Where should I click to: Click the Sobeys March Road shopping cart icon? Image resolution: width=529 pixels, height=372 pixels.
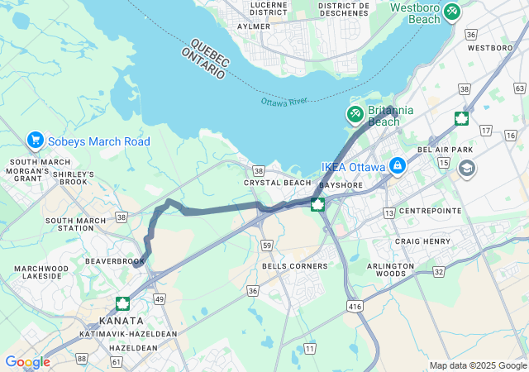pos(35,141)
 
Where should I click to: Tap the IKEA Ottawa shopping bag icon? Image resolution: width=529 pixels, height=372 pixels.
pos(398,166)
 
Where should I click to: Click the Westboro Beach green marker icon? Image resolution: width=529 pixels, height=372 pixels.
pos(451,11)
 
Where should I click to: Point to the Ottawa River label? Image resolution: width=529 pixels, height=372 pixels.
pos(284,102)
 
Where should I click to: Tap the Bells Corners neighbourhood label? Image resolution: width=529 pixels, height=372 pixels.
pos(294,266)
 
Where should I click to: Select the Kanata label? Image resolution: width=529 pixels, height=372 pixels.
pos(121,320)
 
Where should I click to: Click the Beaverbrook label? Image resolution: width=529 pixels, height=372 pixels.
pos(115,260)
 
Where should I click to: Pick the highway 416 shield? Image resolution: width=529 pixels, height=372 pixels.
pos(354,306)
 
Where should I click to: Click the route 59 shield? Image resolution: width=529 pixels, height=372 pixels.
pos(266,246)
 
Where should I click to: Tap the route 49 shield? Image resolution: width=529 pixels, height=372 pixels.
pos(159,298)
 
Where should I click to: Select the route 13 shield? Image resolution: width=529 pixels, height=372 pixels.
pos(388,213)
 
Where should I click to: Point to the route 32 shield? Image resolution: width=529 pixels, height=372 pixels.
pos(438,271)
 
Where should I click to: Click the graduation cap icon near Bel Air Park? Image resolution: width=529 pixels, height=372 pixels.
pos(467,169)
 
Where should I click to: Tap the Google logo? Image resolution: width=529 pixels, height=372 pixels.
pos(27,362)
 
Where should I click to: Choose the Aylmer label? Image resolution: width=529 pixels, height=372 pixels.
pos(254,26)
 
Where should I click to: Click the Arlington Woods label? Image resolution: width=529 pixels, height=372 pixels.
pos(390,269)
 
